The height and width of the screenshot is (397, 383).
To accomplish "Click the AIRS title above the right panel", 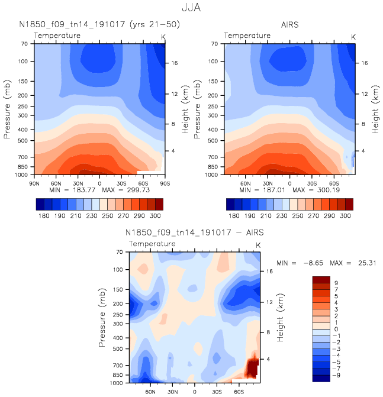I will click(x=290, y=24).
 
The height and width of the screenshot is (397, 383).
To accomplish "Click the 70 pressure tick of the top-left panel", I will click(x=25, y=43).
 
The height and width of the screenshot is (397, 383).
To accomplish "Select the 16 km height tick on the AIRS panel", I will click(x=365, y=63).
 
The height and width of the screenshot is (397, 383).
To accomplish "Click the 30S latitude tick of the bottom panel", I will click(x=217, y=392).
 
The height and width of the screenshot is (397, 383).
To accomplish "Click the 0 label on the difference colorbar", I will click(x=336, y=328).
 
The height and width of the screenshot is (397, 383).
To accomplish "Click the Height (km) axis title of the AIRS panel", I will click(x=375, y=109).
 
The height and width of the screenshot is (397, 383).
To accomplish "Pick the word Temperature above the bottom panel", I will click(x=152, y=244).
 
